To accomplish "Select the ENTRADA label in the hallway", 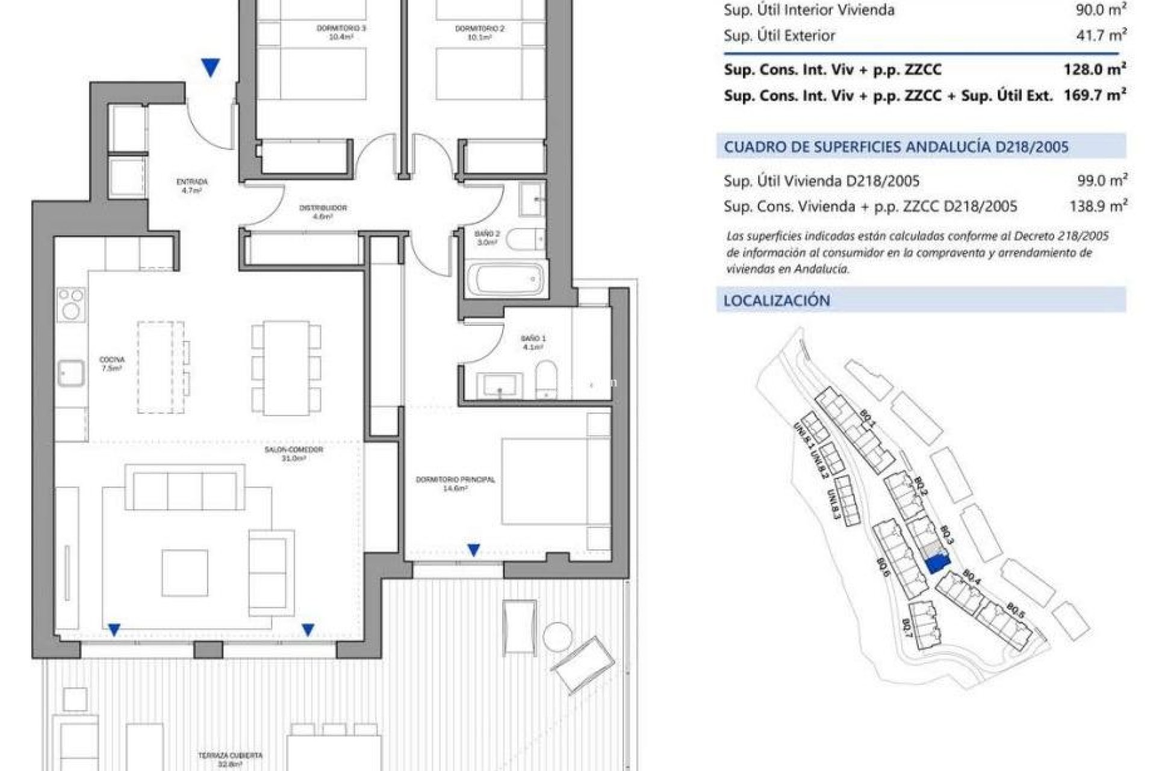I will tap(192, 186).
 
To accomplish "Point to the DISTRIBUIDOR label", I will tap(323, 211).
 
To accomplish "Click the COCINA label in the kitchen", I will tap(112, 364).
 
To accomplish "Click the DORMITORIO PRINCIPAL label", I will tap(455, 484).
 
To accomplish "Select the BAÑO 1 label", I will tap(533, 342).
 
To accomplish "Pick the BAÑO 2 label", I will tap(487, 237).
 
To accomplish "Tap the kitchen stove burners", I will tap(71, 304).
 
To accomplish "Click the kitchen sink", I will tap(71, 373).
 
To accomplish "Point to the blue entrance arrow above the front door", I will tap(210, 67).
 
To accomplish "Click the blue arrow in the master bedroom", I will tap(474, 549).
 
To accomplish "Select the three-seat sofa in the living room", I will tap(185, 491).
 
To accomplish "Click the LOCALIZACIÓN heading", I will tap(777, 301).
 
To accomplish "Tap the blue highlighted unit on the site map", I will tap(937, 563).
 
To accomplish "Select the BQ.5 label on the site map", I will tap(1015, 610).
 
